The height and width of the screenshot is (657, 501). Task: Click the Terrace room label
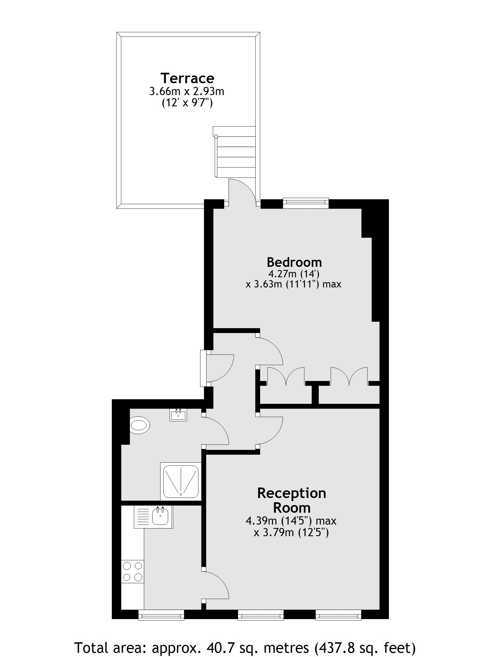click(x=187, y=78)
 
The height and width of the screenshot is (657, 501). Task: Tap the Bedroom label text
click(x=294, y=262)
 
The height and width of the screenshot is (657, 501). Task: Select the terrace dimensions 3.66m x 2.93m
click(x=187, y=91)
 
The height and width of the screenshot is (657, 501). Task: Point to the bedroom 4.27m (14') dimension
click(x=294, y=274)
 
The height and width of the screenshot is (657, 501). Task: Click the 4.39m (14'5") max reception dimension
click(x=291, y=521)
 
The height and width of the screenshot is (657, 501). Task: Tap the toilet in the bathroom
click(x=140, y=425)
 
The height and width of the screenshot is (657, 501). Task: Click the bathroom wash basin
click(x=178, y=415)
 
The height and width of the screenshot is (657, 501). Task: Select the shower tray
click(x=181, y=481)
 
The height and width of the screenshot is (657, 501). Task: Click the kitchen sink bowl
click(x=160, y=517)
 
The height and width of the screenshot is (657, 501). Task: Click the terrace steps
click(x=234, y=152)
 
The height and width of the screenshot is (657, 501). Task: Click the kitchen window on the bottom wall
click(x=161, y=615)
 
